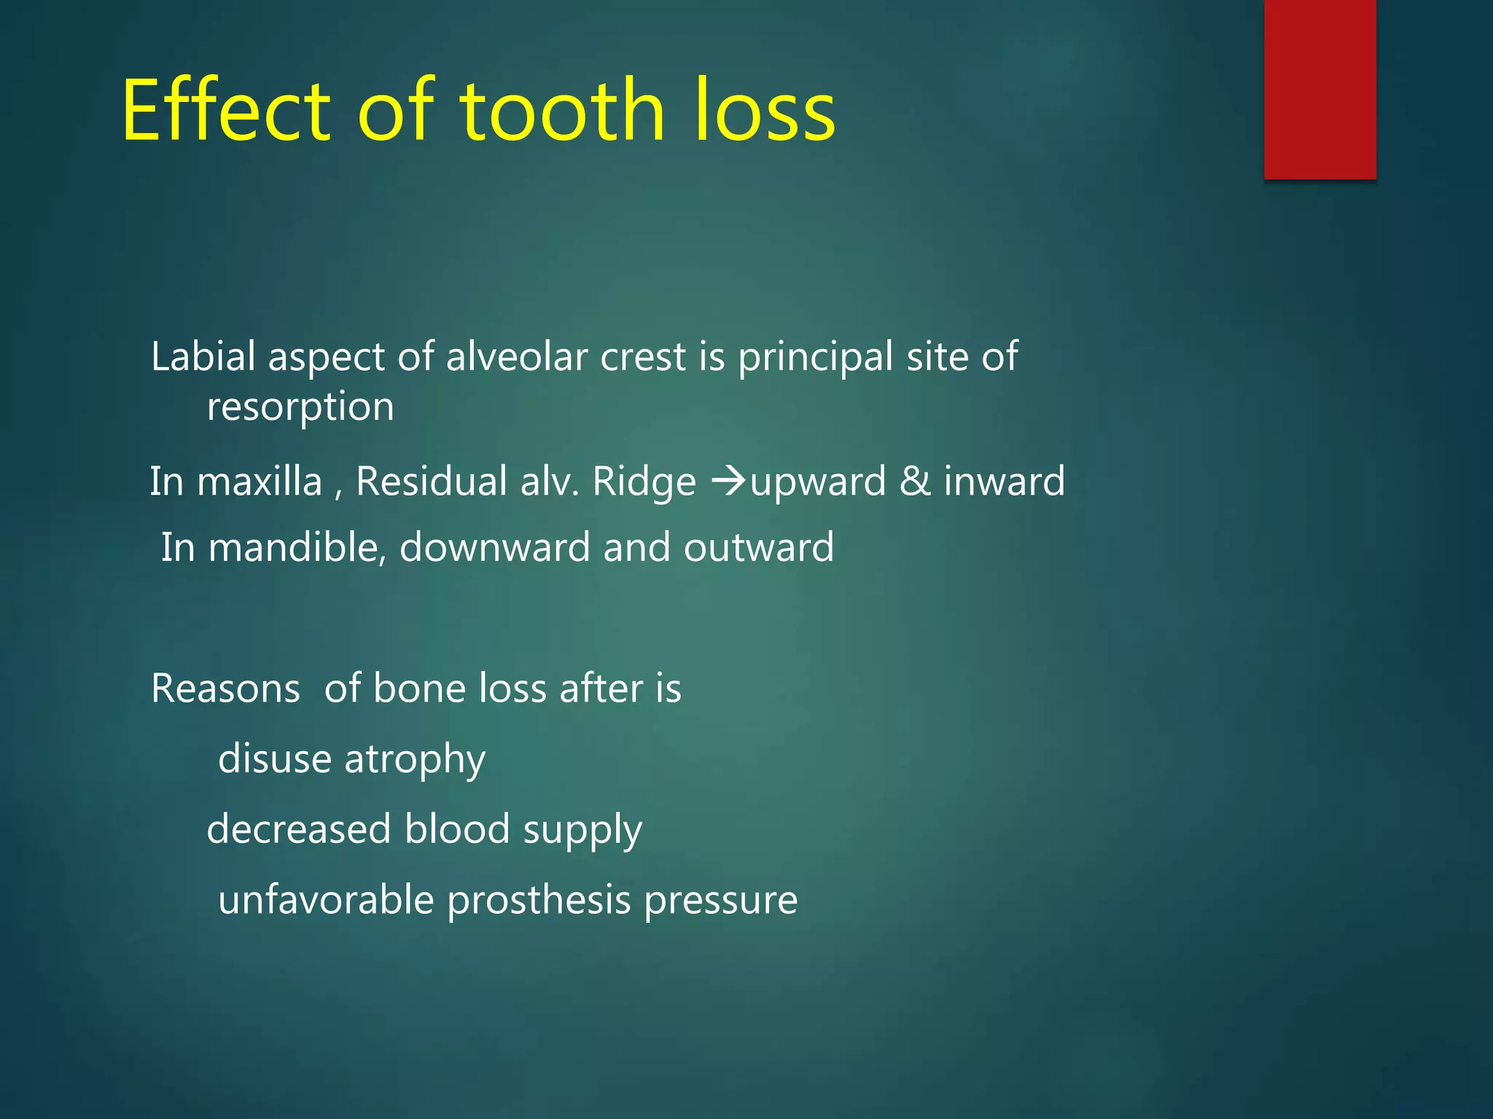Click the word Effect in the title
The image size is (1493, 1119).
pyautogui.click(x=227, y=111)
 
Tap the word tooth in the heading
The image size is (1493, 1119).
pyautogui.click(x=562, y=111)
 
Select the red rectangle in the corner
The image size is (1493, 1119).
pyautogui.click(x=1319, y=89)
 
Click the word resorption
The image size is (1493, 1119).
pyautogui.click(x=300, y=407)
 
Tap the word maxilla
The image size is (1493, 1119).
pyautogui.click(x=259, y=482)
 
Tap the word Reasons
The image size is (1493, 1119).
pyautogui.click(x=225, y=689)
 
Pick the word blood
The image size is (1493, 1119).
pyautogui.click(x=456, y=830)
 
